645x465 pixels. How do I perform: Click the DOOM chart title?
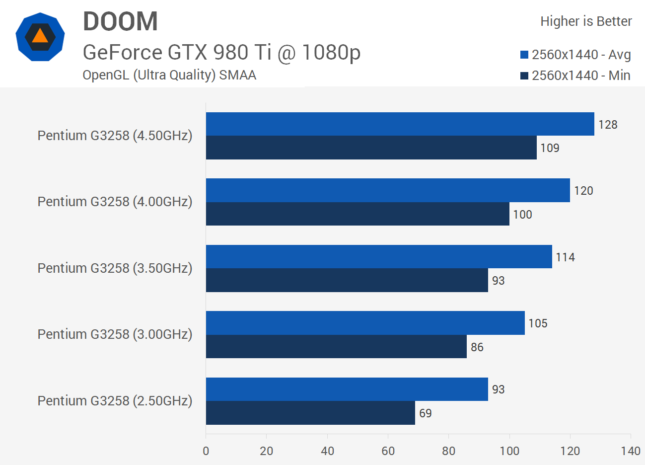(x=120, y=22)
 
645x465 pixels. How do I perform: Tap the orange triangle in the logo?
(x=40, y=36)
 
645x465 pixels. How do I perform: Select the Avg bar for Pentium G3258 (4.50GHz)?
(x=400, y=124)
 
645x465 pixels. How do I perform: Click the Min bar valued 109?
(x=371, y=148)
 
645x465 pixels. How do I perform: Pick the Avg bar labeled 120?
(x=388, y=190)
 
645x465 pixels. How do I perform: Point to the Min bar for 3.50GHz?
(x=347, y=281)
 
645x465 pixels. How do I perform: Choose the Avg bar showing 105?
(x=365, y=323)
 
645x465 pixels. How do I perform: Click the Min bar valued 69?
(x=310, y=413)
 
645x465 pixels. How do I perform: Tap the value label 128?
(x=608, y=125)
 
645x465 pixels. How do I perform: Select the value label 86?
(x=477, y=347)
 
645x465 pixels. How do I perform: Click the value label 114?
(x=565, y=257)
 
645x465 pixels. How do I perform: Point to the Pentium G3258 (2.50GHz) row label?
(x=115, y=401)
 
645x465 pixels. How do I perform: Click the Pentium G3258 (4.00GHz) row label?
(x=115, y=202)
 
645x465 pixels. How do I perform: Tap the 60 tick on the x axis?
(x=388, y=451)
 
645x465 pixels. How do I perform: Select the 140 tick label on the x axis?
(x=630, y=451)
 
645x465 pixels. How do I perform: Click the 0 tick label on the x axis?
(x=206, y=451)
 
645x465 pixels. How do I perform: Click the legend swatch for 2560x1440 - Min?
(x=524, y=76)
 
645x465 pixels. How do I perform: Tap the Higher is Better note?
(x=586, y=21)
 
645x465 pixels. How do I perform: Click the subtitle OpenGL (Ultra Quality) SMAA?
(x=169, y=75)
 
